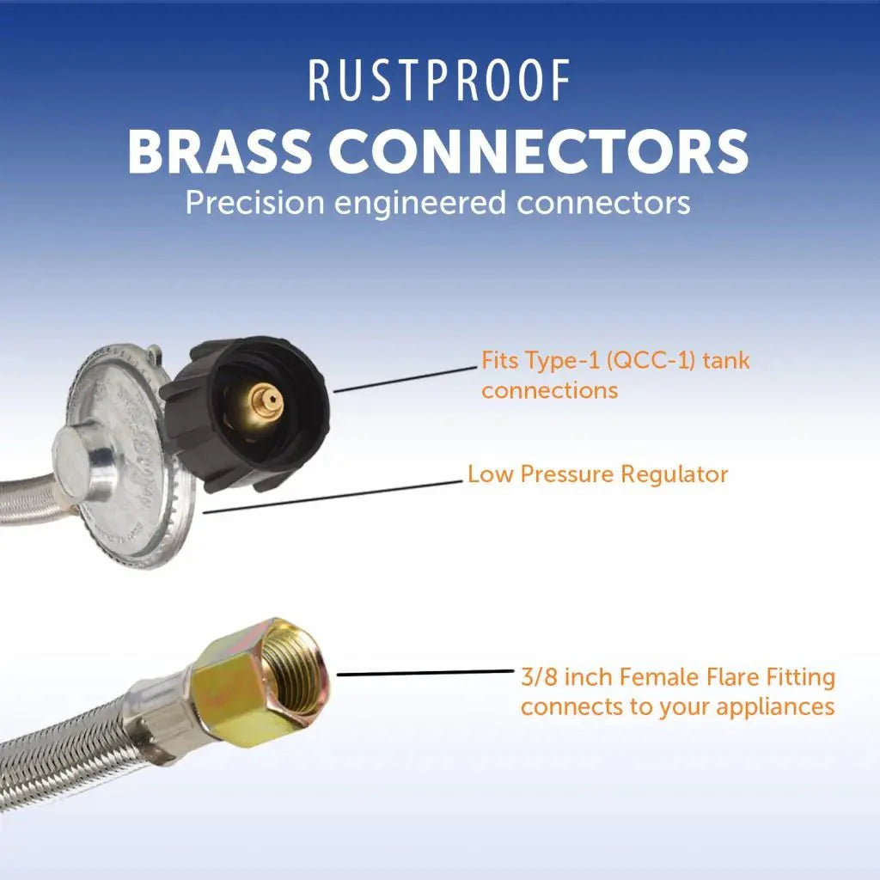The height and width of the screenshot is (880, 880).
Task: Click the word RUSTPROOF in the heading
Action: click(439, 82)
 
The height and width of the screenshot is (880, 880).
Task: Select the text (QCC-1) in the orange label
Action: click(650, 360)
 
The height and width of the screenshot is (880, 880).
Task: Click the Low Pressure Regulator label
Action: click(597, 474)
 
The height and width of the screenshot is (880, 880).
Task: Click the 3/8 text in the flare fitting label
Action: click(538, 677)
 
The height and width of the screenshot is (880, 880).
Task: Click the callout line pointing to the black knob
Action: click(404, 379)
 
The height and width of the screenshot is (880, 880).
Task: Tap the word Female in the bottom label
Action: click(667, 677)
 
